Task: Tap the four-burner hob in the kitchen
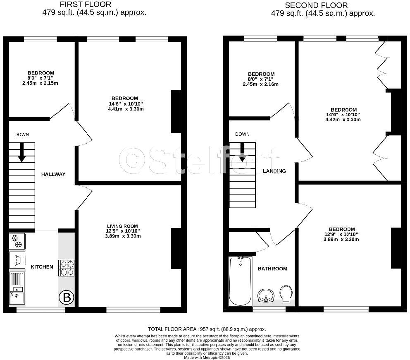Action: (x=67, y=267)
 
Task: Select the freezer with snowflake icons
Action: (x=17, y=241)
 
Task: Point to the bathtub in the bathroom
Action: (x=240, y=281)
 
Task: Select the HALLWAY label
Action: (x=53, y=174)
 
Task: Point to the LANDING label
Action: (x=274, y=171)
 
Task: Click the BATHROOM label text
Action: (x=272, y=269)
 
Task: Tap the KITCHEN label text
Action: (x=42, y=267)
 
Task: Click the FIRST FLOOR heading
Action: (x=86, y=5)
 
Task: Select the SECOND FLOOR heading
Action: (x=316, y=5)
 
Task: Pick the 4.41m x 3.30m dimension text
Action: (x=123, y=109)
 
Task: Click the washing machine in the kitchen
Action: (x=17, y=260)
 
